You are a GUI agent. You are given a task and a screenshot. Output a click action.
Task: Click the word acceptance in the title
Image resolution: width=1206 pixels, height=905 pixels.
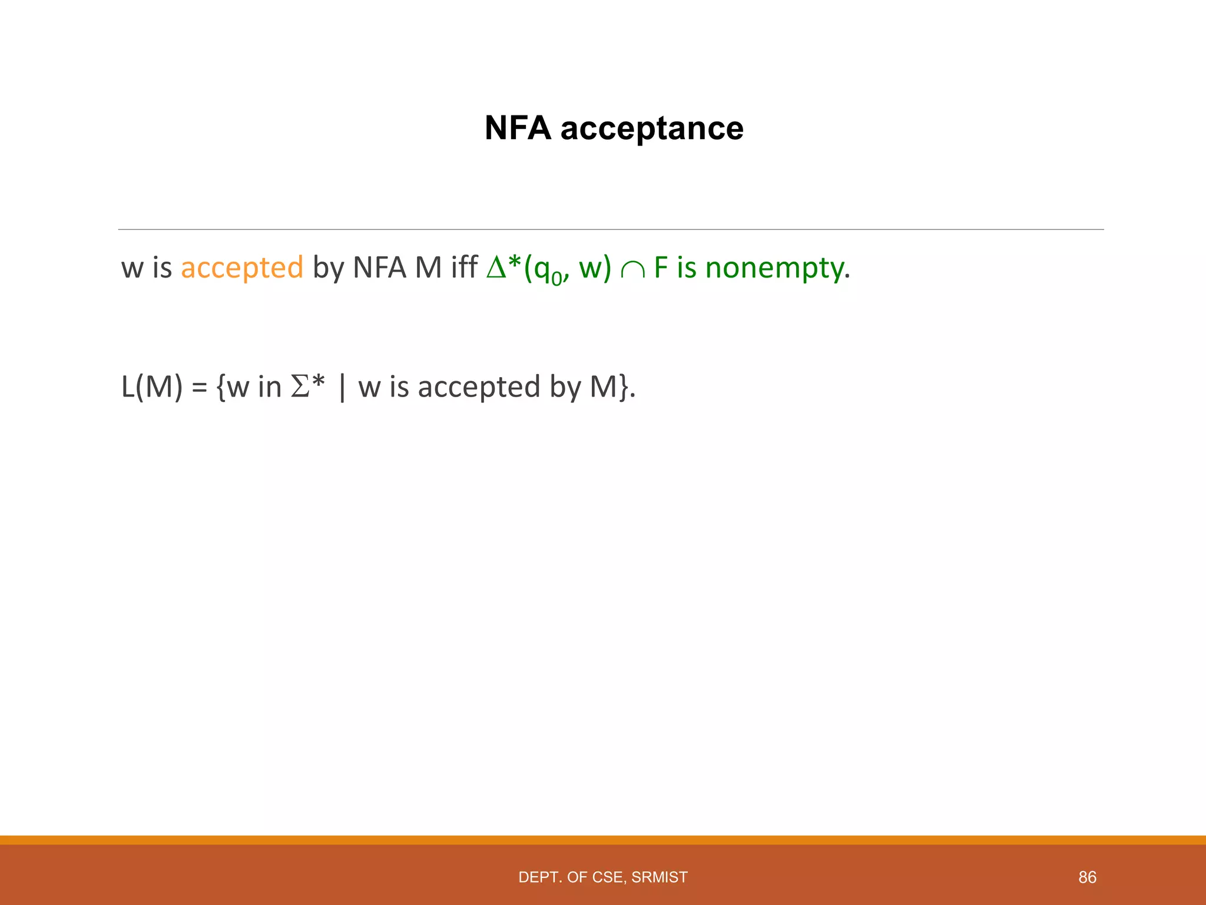652,128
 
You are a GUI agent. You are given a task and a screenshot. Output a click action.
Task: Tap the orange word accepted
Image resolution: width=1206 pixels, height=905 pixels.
242,267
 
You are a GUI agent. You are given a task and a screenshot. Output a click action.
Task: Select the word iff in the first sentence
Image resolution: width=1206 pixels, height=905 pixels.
464,267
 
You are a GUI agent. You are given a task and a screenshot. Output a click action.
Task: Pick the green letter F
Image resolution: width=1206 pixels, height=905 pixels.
661,267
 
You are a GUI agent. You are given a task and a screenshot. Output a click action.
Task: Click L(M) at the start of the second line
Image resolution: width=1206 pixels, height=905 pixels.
152,387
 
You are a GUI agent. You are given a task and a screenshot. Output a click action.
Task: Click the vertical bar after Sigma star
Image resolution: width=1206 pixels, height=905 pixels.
342,388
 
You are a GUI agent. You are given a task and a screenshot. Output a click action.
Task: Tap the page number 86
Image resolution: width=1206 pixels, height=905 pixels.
1087,877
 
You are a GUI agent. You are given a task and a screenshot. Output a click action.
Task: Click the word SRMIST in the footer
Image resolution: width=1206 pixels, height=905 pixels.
659,877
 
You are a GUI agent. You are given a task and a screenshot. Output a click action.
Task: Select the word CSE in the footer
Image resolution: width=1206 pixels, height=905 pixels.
609,877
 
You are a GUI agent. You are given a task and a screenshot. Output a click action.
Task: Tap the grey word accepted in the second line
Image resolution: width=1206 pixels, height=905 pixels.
479,387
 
